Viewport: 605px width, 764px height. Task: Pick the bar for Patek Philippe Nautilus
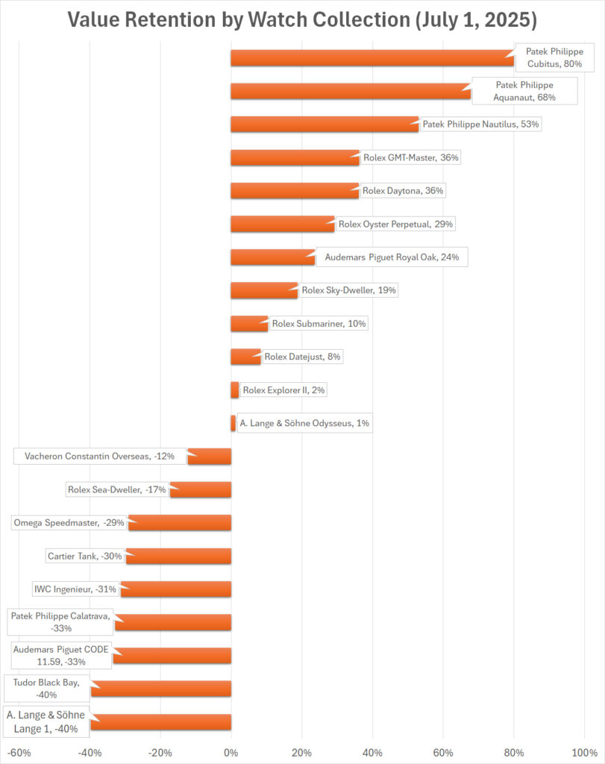coord(325,124)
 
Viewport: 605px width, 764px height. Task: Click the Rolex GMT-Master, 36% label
coord(410,157)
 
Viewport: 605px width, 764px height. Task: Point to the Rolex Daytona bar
coord(295,190)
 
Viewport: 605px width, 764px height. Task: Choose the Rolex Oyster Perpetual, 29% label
coord(396,224)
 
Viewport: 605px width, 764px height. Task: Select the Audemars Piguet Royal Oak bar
coord(273,257)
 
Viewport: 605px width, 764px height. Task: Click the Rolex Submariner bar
coord(249,324)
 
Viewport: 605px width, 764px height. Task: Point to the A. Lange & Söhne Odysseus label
coord(304,423)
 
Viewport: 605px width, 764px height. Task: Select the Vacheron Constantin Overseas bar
coord(210,456)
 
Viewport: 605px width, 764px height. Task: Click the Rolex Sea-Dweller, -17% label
coord(116,489)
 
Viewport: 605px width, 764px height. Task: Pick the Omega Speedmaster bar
coord(180,522)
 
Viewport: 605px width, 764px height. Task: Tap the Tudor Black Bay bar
coord(160,689)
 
